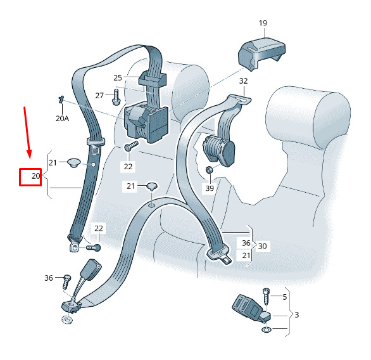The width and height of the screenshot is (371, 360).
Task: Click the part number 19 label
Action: [263, 23]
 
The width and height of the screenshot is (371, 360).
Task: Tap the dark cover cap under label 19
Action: [261, 53]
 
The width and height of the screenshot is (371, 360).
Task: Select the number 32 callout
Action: [243, 81]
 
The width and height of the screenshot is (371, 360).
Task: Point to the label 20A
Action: [62, 118]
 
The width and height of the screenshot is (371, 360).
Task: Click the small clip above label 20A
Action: [61, 100]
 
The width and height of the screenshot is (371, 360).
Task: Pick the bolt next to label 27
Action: [116, 97]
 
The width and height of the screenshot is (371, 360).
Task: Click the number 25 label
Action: [118, 78]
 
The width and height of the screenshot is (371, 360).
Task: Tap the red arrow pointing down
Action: [27, 132]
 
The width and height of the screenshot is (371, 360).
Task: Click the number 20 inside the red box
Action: [35, 176]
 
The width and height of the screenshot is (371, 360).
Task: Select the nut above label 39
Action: [209, 170]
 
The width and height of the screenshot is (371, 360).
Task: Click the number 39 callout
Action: [210, 188]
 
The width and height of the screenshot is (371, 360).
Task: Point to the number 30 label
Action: [262, 247]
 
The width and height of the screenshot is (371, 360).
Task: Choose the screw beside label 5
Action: [266, 297]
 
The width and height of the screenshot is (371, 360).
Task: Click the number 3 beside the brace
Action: [297, 315]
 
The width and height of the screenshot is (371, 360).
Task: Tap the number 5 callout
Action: [285, 297]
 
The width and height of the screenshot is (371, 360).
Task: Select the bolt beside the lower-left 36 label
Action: [66, 281]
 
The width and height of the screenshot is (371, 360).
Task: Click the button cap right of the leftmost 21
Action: [74, 163]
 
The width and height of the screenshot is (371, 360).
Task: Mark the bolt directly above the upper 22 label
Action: [131, 146]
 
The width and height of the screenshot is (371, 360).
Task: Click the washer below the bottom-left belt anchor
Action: [67, 319]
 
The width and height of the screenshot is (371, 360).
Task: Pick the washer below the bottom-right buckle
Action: [267, 330]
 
